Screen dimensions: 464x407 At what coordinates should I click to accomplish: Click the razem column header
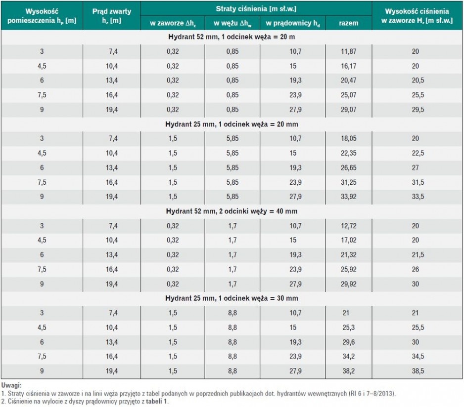[x=348, y=23]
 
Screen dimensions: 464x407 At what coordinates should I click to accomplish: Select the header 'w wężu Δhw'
[x=232, y=23]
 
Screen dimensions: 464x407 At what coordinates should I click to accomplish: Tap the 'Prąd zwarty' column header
[x=112, y=16]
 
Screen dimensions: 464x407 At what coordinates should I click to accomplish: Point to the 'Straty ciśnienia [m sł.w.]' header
[x=256, y=9]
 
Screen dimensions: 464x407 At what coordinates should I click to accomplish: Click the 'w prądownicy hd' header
[x=293, y=23]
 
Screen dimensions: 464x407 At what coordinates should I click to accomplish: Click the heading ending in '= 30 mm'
[x=232, y=298]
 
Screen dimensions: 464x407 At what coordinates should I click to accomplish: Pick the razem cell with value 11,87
[x=348, y=51]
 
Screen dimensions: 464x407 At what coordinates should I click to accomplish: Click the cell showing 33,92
[x=348, y=197]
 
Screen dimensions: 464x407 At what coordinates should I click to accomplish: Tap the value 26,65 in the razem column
[x=348, y=167]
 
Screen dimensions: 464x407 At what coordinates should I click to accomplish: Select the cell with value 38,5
[x=418, y=371]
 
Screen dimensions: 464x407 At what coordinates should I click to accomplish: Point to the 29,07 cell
[x=348, y=110]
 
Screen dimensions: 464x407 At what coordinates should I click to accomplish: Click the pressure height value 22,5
[x=418, y=153]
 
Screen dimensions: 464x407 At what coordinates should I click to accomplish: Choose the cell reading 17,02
[x=348, y=240]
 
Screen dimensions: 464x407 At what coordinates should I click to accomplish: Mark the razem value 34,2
[x=348, y=357]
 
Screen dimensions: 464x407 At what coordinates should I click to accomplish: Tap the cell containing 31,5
[x=418, y=182]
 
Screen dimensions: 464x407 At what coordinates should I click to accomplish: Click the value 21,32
[x=348, y=255]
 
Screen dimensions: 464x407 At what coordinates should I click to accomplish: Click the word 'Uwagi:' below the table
[x=11, y=385]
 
